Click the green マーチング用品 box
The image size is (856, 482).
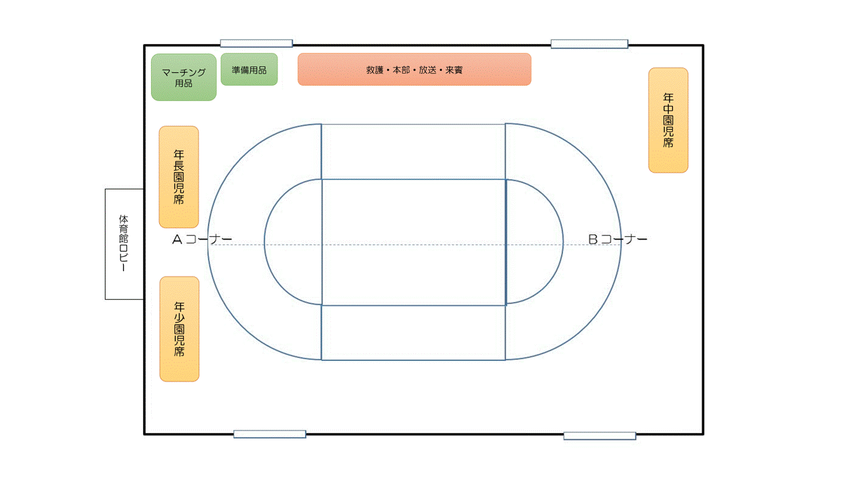(x=184, y=77)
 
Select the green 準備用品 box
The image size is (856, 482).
(x=249, y=70)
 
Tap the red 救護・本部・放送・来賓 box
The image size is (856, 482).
(x=414, y=70)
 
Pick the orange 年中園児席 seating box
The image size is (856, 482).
(x=668, y=120)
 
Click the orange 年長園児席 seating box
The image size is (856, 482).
(x=179, y=177)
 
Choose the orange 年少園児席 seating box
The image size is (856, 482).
(x=179, y=329)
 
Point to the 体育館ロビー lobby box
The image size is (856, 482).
(x=124, y=244)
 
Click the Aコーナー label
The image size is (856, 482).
(x=202, y=239)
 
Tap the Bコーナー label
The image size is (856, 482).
(x=617, y=239)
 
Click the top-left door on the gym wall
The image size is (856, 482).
(x=256, y=44)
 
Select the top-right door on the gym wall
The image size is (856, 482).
(x=589, y=44)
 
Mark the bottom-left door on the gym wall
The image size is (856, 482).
(x=270, y=434)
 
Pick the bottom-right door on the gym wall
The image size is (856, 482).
(x=599, y=436)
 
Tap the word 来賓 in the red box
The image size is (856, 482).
(x=454, y=70)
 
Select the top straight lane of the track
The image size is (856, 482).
(x=413, y=152)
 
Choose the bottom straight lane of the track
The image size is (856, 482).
(x=413, y=333)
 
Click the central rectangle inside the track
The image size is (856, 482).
(x=413, y=242)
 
